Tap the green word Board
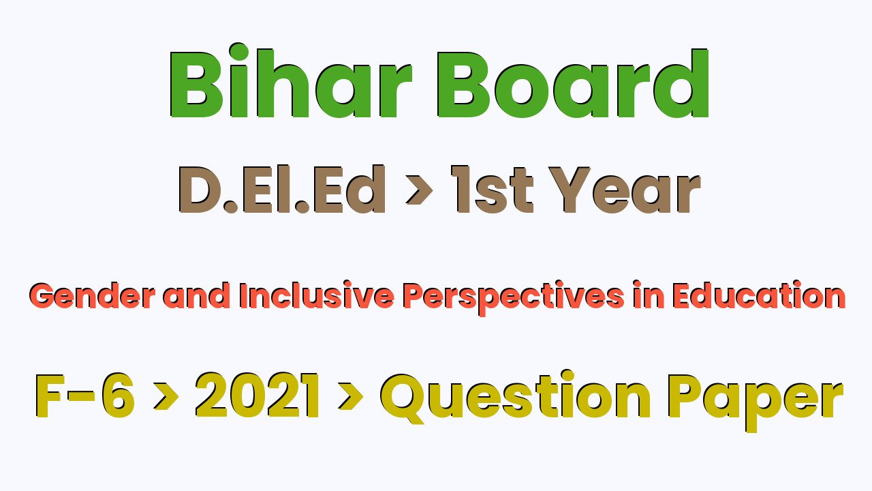(572, 83)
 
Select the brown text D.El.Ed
(282, 189)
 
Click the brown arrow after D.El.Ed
(419, 190)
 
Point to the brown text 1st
(492, 189)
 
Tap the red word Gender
(92, 296)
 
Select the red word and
(196, 296)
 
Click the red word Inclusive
(317, 296)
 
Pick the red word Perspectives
(514, 298)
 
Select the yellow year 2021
(258, 396)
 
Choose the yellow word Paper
(756, 402)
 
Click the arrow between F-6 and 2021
(166, 396)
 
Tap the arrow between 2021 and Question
(351, 396)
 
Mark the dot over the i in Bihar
(238, 53)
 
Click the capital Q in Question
(403, 398)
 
